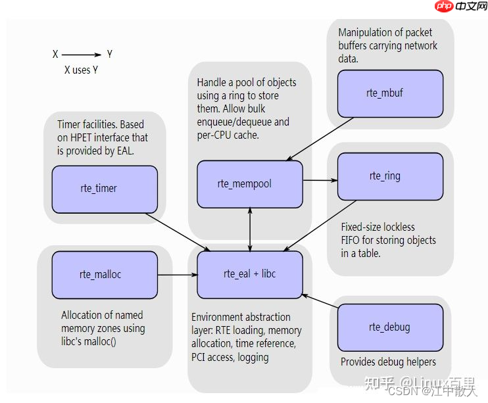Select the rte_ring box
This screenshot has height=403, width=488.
click(390, 176)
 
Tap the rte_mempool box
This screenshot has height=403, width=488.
click(250, 184)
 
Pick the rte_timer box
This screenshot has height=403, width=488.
click(105, 189)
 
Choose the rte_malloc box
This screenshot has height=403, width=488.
click(105, 274)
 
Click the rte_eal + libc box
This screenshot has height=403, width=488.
click(250, 274)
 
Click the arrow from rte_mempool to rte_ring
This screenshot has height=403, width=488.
click(320, 179)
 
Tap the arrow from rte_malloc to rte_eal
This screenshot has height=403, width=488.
click(178, 275)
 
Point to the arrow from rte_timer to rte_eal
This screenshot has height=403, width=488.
click(178, 231)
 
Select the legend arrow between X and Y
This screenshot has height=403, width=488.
click(82, 55)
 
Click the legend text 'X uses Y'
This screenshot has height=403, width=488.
click(81, 70)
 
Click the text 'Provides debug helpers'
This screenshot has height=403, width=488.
click(388, 362)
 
